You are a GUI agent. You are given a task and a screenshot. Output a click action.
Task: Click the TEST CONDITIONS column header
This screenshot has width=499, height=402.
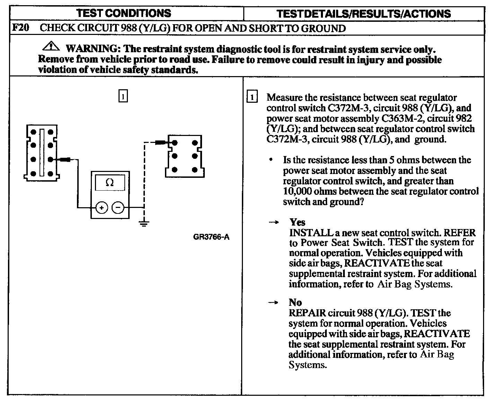point(123,13)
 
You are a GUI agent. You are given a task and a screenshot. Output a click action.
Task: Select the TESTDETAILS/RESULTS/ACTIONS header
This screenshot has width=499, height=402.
point(364,14)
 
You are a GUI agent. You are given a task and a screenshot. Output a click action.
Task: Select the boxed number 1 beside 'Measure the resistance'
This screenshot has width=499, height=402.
point(252,98)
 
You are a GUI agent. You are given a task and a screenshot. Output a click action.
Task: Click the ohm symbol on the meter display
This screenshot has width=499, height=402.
point(110,182)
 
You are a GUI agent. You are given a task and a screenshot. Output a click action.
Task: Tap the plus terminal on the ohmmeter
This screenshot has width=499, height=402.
point(102,208)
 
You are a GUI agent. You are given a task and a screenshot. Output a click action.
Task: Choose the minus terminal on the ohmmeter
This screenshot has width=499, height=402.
point(118,208)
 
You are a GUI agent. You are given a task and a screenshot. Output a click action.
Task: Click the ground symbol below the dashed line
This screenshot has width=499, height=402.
point(144,223)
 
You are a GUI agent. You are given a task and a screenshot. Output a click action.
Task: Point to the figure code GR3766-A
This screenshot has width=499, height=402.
point(211,237)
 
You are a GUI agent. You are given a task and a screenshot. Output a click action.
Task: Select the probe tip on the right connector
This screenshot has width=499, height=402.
point(160,142)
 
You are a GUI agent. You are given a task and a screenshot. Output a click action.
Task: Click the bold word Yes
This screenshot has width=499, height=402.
point(297,222)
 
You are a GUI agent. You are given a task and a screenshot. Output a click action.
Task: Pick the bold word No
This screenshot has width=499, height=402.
point(295,303)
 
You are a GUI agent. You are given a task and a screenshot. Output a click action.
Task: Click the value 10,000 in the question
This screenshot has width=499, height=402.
point(297,191)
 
